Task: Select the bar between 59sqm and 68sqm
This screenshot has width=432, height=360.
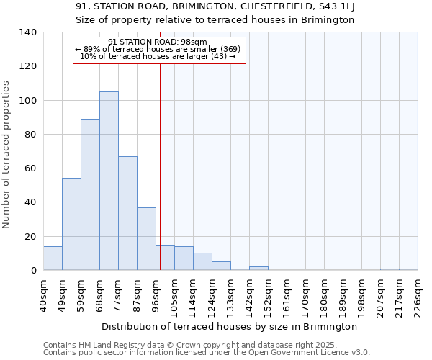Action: (90, 194)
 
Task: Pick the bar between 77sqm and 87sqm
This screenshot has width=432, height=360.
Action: (127, 213)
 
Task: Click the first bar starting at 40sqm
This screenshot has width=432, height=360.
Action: (53, 258)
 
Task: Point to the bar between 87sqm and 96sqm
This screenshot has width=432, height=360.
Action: (146, 238)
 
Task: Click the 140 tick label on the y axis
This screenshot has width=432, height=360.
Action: (27, 32)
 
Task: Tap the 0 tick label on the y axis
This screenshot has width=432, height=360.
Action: (33, 271)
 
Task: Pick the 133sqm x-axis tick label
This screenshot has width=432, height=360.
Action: (231, 295)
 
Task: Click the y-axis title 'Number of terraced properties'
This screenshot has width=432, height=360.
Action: (7, 154)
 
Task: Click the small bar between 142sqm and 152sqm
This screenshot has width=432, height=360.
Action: (258, 269)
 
